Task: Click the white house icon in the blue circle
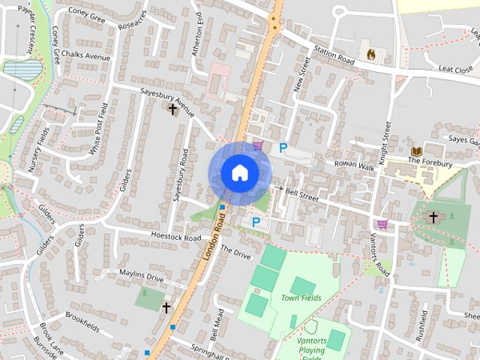[239, 173]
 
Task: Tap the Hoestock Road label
[175, 237]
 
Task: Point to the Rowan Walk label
[354, 165]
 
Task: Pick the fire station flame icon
[370, 54]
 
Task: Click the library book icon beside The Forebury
[416, 151]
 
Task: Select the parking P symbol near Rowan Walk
[283, 148]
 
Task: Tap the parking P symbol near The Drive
[256, 222]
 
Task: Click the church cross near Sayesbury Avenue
[173, 109]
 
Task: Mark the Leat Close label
[455, 70]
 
